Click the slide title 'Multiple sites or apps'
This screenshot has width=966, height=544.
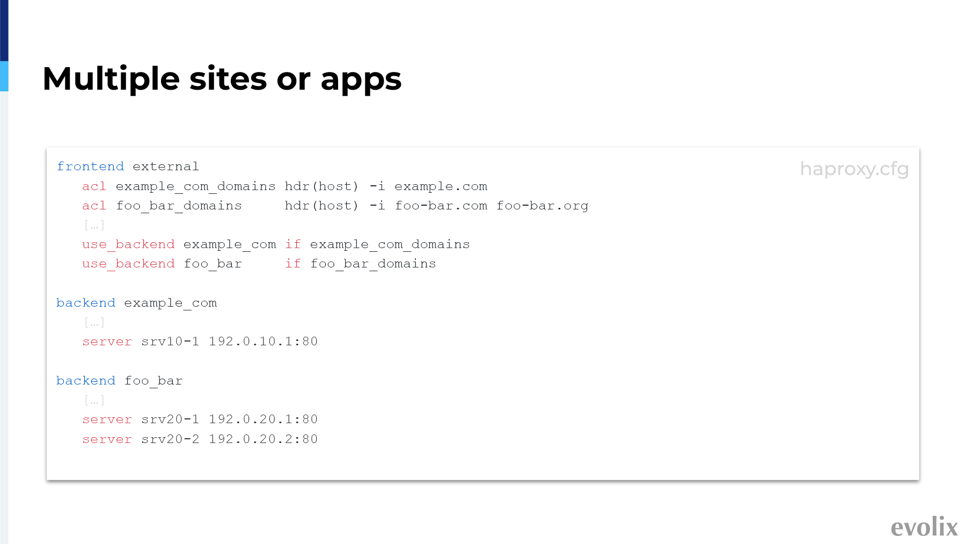click(222, 79)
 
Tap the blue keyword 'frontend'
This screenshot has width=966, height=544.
click(90, 166)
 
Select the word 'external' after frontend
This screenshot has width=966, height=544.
click(166, 166)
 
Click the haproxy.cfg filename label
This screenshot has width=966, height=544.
click(854, 169)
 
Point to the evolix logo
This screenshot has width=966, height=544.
click(924, 527)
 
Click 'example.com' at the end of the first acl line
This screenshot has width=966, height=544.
click(441, 186)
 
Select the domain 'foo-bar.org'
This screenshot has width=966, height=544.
click(543, 206)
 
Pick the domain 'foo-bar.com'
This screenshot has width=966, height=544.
click(441, 206)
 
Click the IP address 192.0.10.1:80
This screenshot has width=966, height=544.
click(264, 342)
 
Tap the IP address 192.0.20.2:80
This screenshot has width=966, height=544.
click(264, 439)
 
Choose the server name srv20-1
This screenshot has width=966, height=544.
click(170, 419)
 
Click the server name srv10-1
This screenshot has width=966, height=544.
click(170, 342)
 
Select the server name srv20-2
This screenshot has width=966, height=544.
click(170, 439)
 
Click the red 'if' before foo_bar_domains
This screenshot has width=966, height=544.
click(293, 264)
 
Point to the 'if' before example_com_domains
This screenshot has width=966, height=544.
click(293, 244)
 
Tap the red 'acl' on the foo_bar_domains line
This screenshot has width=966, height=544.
click(94, 206)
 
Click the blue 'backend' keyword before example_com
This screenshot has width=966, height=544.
click(86, 303)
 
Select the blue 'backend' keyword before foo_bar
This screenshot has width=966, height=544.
click(86, 381)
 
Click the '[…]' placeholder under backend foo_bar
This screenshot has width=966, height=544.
click(94, 401)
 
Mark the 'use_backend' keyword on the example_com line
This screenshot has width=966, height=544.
click(128, 244)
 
